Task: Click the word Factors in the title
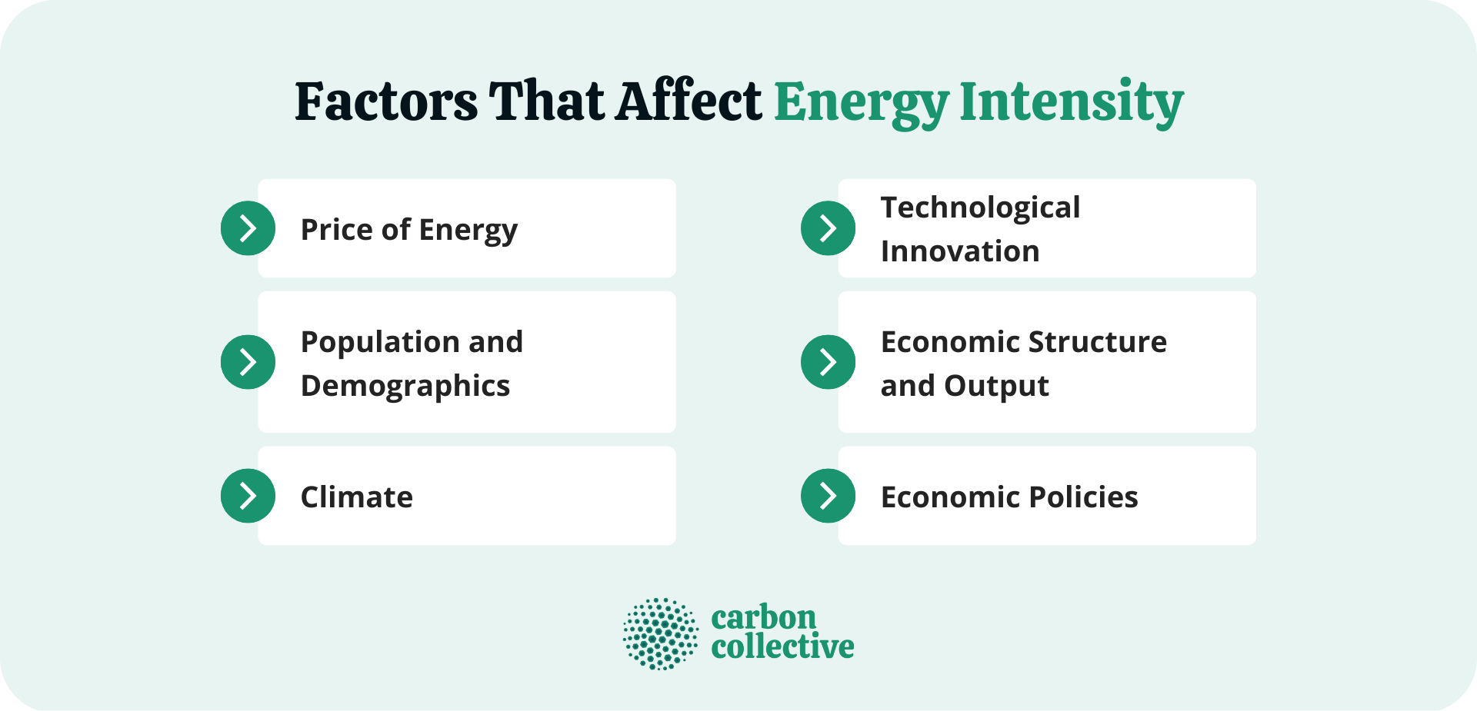pos(386,101)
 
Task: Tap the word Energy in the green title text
pos(862,103)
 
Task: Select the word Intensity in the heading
pos(1071,103)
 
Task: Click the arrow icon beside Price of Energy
pos(248,228)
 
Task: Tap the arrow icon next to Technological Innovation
pos(828,228)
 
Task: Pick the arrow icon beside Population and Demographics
pos(248,362)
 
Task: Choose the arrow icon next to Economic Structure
pos(828,362)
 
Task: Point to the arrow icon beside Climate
pos(248,496)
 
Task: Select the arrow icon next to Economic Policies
pos(828,496)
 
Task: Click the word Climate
pos(356,497)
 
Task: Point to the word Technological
pos(980,208)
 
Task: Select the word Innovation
pos(960,251)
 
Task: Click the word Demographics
pos(405,386)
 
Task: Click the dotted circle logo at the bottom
pos(661,634)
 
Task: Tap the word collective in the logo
pos(782,647)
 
